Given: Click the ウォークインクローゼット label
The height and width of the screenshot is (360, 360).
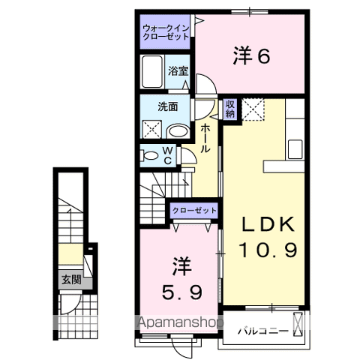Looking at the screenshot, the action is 166,32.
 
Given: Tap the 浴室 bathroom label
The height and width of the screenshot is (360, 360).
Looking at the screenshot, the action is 178,71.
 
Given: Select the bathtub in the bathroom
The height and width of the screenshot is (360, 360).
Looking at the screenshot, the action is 152,71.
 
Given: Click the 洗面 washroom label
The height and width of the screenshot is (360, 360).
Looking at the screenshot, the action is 167,106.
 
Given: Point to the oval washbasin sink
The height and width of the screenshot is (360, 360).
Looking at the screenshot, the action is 178,131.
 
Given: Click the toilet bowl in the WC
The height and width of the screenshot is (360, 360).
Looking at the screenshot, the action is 149,156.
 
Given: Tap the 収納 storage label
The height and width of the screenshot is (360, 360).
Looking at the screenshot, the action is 229,109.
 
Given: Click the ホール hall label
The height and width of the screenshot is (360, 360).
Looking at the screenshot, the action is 205,138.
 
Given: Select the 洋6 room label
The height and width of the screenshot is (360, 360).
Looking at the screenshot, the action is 251,56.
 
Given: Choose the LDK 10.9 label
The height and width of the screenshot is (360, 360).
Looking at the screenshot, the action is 268,236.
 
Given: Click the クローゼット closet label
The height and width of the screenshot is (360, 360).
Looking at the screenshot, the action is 194,210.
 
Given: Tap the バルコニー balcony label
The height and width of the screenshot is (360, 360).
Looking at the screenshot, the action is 262,331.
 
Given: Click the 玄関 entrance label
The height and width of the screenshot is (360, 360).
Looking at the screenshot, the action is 71,280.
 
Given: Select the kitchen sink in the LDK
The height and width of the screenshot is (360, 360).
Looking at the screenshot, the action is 295,149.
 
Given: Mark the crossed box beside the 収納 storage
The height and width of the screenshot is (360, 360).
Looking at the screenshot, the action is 253,109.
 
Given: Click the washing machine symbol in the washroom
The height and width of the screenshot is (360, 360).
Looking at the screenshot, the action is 152,129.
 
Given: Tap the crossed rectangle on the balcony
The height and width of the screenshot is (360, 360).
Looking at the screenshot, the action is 298,324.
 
